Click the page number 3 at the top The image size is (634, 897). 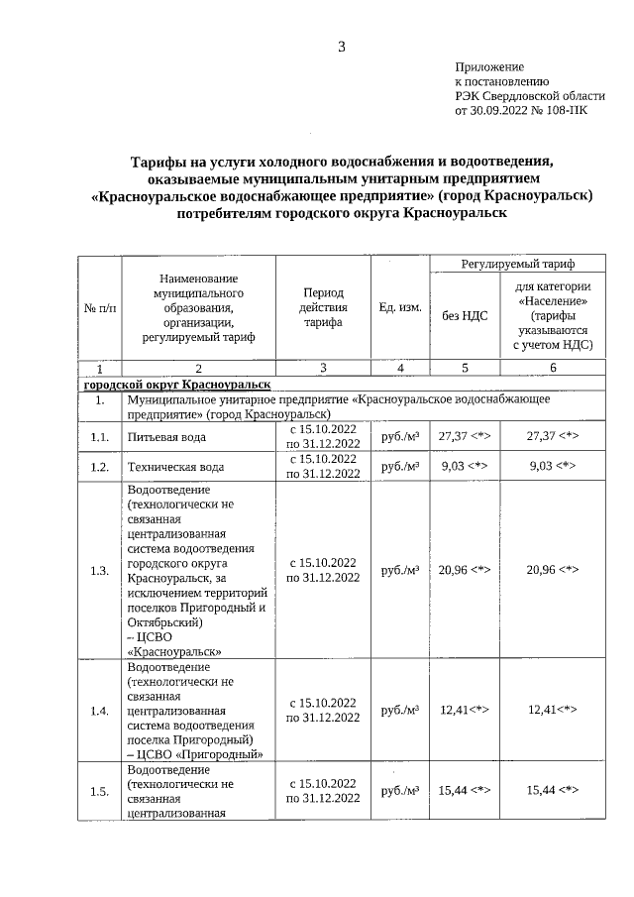pos(341,46)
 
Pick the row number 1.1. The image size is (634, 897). pos(99,436)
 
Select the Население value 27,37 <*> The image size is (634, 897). pos(553,436)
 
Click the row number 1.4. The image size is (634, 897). pos(99,711)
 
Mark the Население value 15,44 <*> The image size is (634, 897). pos(553,790)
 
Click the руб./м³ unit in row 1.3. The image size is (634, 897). pos(400,570)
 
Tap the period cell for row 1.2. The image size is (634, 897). pos(323,466)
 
